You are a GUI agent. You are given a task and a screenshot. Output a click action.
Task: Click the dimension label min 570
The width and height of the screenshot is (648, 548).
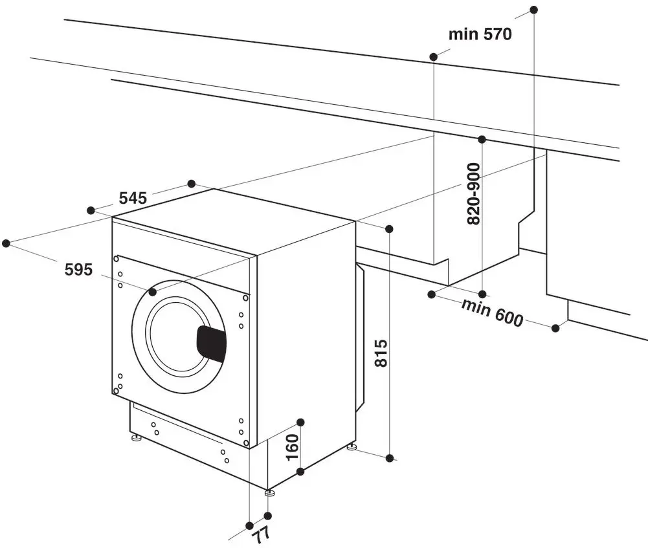[x=480, y=34]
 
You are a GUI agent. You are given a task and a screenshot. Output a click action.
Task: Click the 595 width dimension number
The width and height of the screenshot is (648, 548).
[x=79, y=269]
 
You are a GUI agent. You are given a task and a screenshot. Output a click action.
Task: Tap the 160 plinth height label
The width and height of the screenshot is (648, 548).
[x=292, y=446]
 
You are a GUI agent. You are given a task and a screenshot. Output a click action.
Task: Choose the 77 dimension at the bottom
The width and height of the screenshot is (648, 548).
[x=260, y=534]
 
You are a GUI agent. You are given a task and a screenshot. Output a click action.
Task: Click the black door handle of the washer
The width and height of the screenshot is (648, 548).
[x=211, y=343]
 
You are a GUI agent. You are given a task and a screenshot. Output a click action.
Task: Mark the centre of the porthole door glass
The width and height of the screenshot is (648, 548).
[x=176, y=336]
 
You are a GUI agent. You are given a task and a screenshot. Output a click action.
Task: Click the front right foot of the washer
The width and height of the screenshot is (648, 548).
[x=270, y=493]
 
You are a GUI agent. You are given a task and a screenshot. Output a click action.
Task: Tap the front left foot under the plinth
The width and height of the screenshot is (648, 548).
[x=137, y=439]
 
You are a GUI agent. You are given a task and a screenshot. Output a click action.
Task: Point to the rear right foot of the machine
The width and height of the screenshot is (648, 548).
[x=351, y=447]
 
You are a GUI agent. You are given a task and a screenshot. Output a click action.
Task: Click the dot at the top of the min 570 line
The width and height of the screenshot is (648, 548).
[x=533, y=10]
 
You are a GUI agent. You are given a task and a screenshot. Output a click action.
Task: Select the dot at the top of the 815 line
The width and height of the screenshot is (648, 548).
[x=389, y=229]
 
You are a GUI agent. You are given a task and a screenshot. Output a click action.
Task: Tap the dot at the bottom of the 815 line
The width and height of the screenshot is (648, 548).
[x=390, y=458]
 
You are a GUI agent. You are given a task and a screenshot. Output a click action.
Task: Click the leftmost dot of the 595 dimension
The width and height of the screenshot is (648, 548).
[x=6, y=243]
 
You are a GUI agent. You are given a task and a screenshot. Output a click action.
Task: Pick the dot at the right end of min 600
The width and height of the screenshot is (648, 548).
[x=555, y=328]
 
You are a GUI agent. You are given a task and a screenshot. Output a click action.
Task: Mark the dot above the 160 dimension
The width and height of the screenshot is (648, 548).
[x=300, y=422]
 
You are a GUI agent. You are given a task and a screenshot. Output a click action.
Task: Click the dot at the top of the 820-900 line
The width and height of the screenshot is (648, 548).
[x=482, y=139]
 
